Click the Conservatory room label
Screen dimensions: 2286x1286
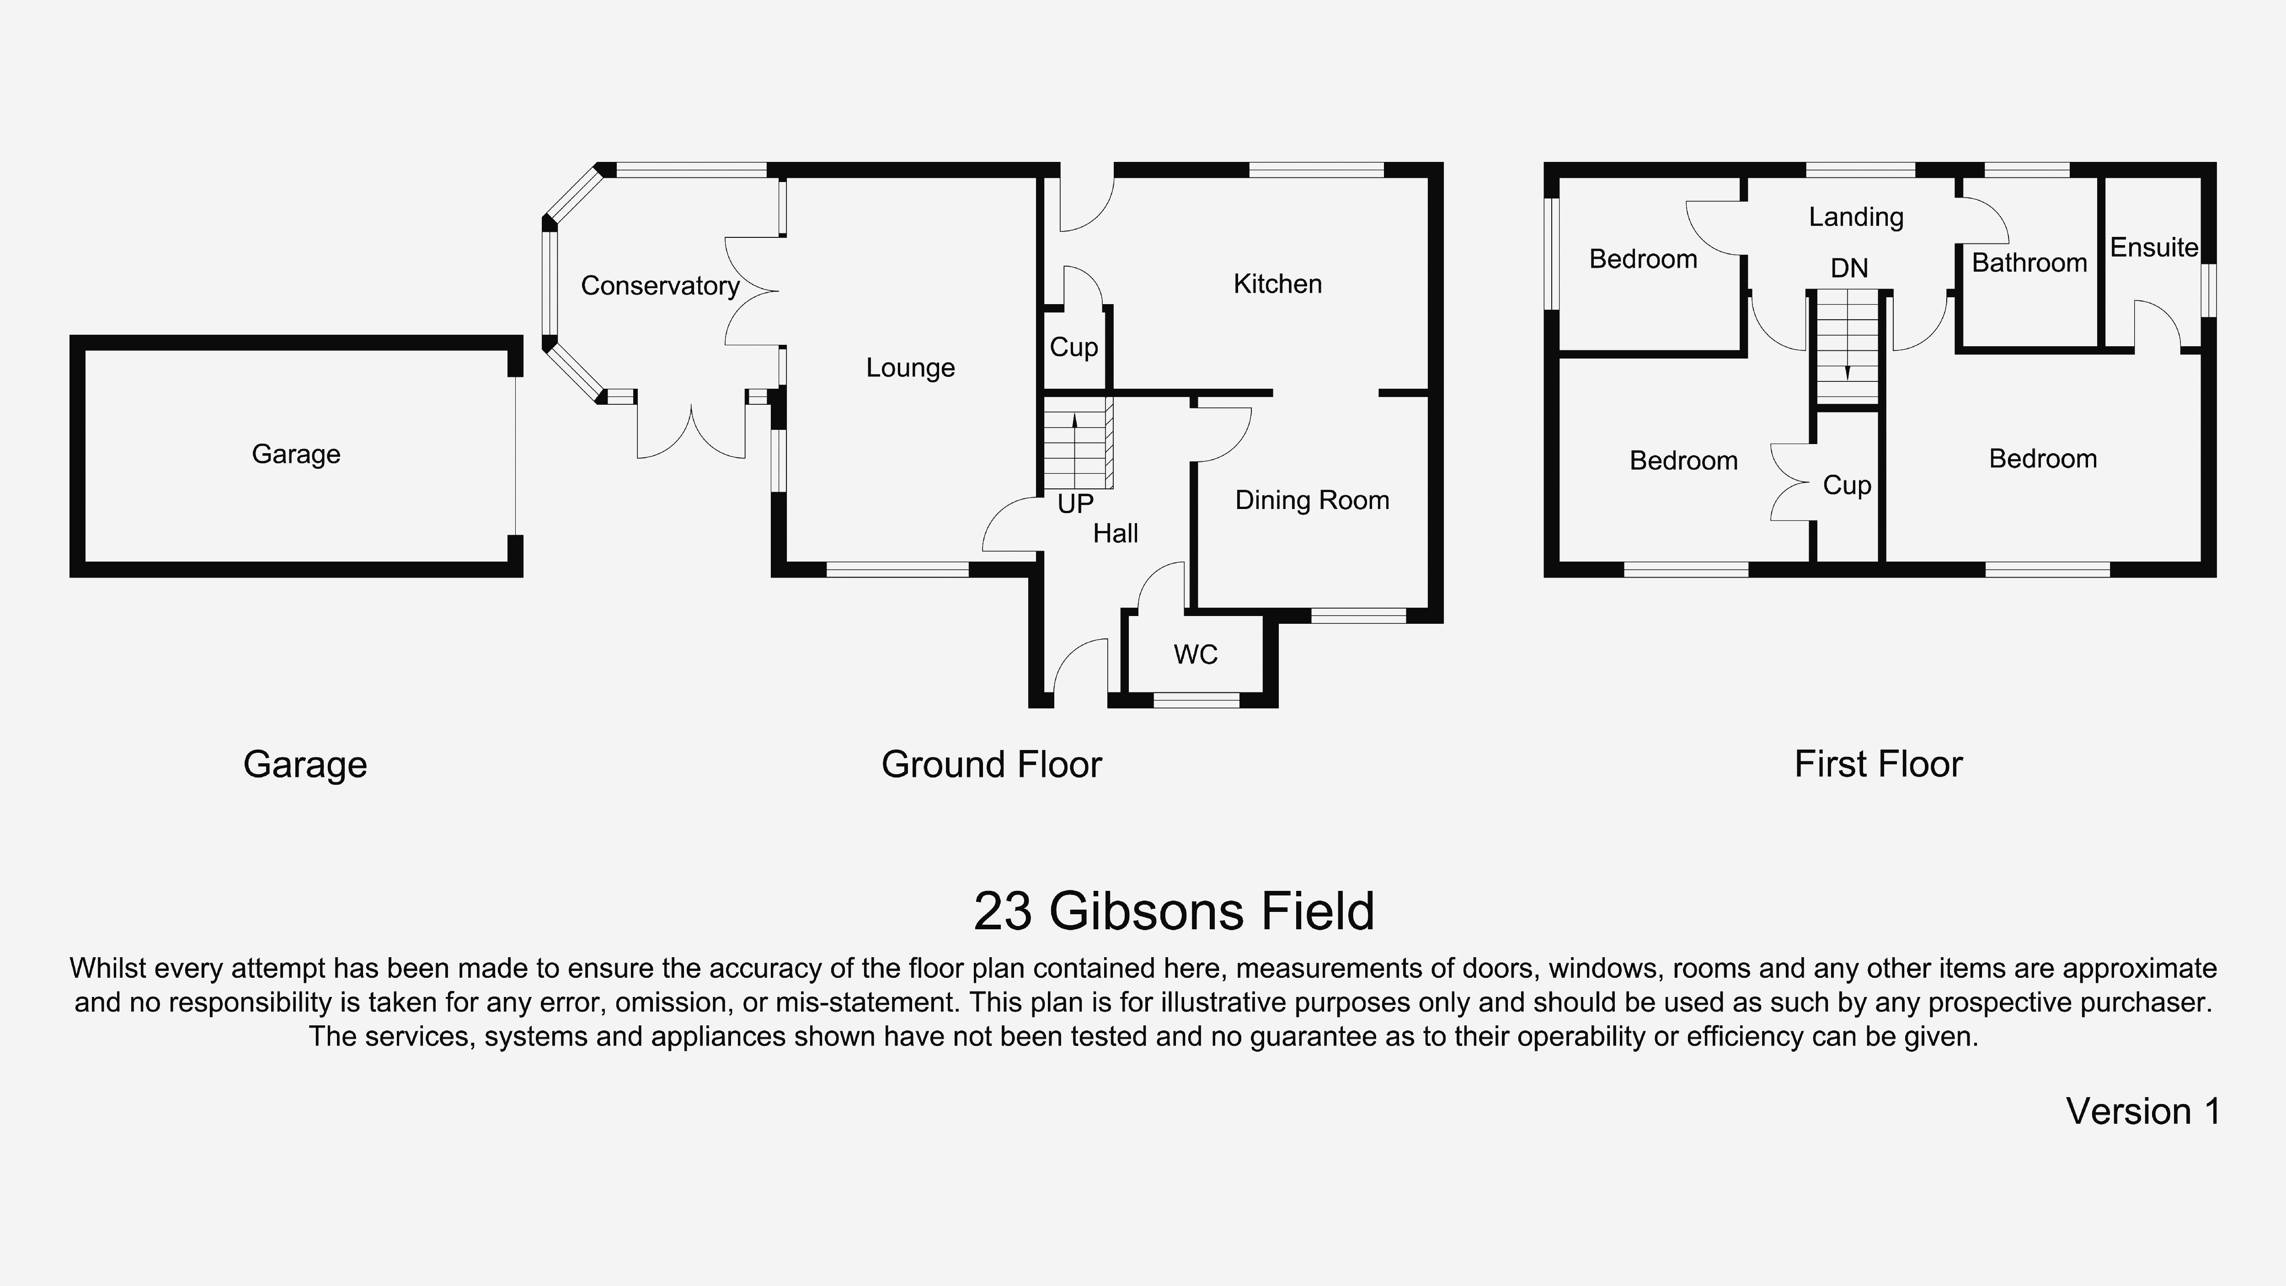[x=659, y=286]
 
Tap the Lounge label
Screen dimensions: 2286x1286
[x=910, y=367]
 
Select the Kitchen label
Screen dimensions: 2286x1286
[x=1277, y=284]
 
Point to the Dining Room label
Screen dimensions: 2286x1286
[x=1312, y=501]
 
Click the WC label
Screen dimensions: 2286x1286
[x=1196, y=655]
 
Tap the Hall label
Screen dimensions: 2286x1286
[x=1116, y=533]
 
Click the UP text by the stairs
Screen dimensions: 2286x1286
[x=1075, y=504]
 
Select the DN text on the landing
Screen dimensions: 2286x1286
[x=1849, y=268]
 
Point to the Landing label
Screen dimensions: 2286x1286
[x=1856, y=217]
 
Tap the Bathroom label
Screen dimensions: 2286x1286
[x=2029, y=263]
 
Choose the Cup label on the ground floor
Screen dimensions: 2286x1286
[x=1074, y=347]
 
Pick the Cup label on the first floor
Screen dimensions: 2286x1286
[x=1847, y=486]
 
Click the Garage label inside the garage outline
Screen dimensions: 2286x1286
[x=295, y=455]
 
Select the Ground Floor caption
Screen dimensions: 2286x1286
[x=991, y=764]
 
